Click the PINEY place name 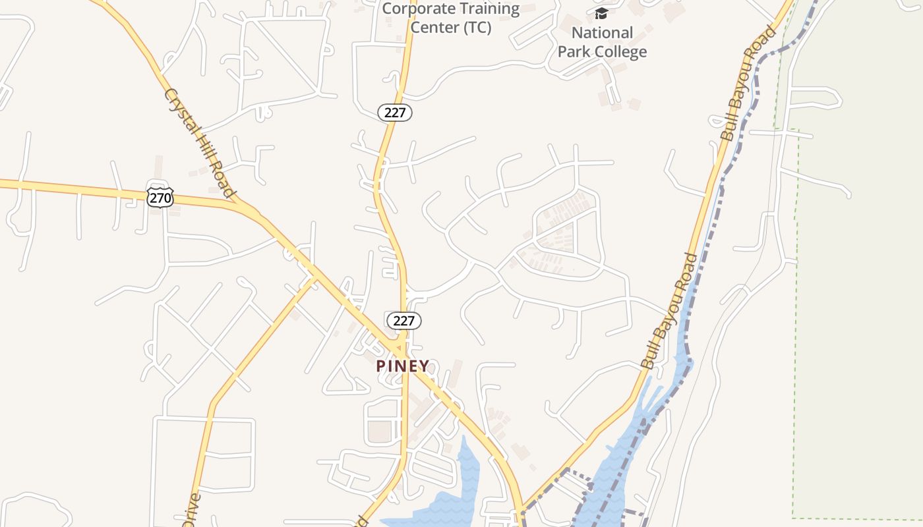pyautogui.click(x=402, y=366)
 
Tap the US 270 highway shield pyautogui.click(x=160, y=197)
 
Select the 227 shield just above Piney pyautogui.click(x=403, y=321)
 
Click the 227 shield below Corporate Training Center pyautogui.click(x=395, y=113)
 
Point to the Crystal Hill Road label pyautogui.click(x=200, y=143)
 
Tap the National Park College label pyautogui.click(x=602, y=42)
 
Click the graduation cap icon pyautogui.click(x=601, y=14)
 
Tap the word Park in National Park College pyautogui.click(x=574, y=52)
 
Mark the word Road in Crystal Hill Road pyautogui.click(x=222, y=179)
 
